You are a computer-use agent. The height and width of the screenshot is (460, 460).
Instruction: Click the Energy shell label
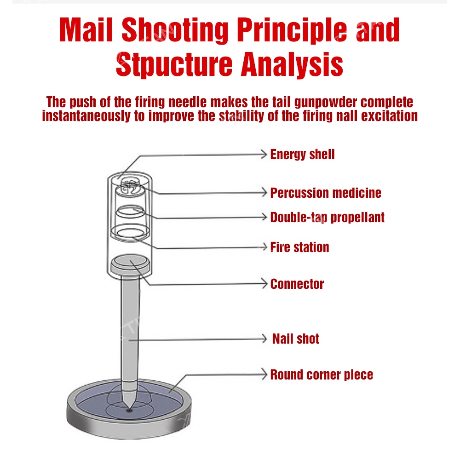[x=302, y=154]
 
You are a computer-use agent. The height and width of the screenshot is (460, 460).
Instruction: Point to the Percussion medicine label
[x=326, y=193]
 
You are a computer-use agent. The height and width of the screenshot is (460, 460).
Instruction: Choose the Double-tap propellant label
[x=327, y=217]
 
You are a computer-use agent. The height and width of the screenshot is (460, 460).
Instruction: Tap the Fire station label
[x=299, y=247]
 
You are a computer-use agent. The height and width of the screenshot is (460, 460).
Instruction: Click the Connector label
[x=297, y=284]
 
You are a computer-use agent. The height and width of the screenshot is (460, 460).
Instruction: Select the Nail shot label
[x=295, y=339]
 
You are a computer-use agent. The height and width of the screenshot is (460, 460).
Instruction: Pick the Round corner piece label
[x=322, y=375]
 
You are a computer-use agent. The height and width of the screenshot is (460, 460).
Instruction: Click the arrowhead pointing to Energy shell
[x=264, y=155]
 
